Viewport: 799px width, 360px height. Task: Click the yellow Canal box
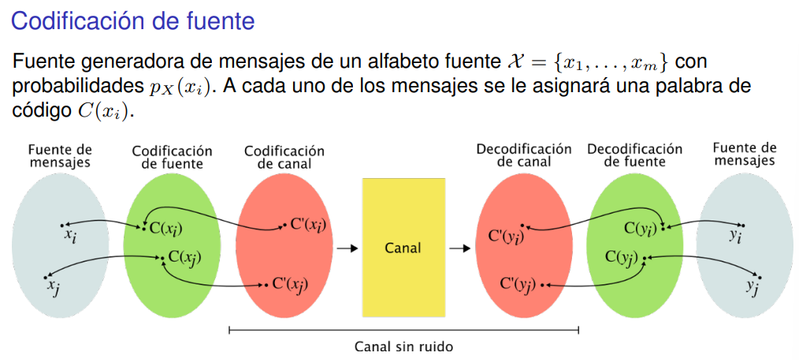click(403, 247)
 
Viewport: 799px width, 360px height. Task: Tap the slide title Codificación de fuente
click(132, 21)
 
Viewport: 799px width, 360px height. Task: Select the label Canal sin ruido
click(403, 346)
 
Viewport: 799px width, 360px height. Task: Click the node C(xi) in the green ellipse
click(168, 228)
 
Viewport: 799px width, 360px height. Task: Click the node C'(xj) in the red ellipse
click(290, 284)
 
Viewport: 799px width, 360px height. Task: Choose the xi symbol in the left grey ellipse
click(72, 234)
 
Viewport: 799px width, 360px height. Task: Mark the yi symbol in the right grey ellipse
click(735, 234)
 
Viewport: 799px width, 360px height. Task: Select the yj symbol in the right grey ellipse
click(753, 285)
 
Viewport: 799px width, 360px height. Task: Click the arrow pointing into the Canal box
click(346, 248)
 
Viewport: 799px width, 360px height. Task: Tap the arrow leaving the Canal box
click(460, 248)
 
